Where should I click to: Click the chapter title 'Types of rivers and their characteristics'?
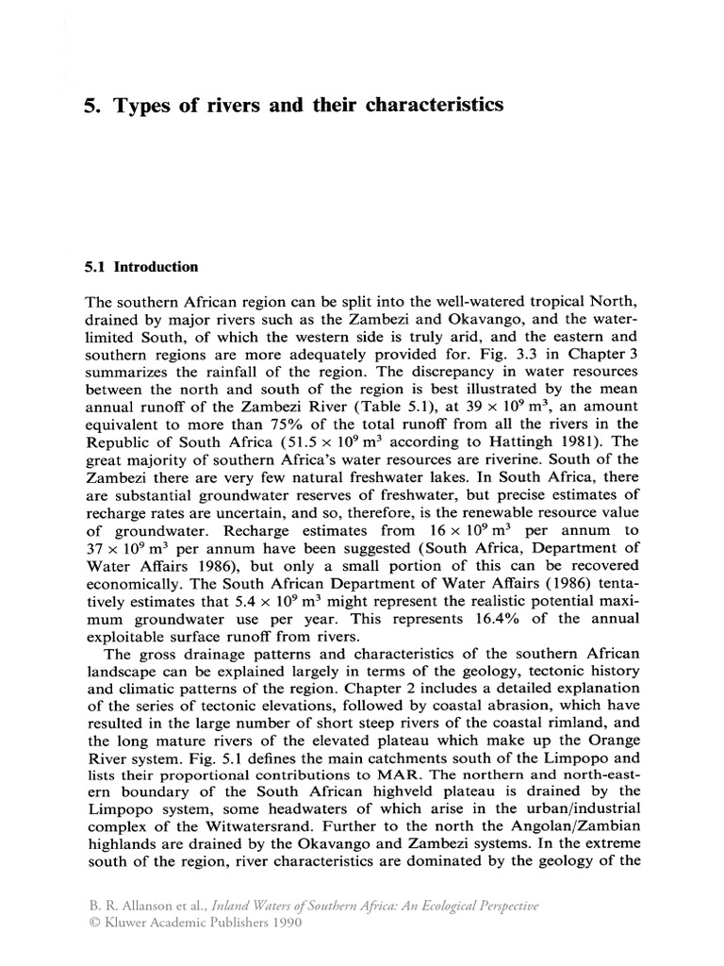point(308,106)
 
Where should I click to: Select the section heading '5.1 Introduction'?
point(141,267)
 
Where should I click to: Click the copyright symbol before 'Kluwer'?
point(90,924)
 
